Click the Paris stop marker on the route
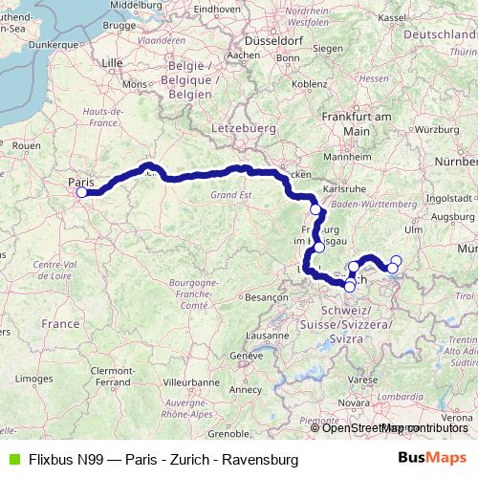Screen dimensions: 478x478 tap(81, 192)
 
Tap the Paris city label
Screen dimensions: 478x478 tap(79, 180)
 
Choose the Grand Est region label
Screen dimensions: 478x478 tap(220, 195)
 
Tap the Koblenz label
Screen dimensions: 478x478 tap(310, 83)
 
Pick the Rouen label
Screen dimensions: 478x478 tap(26, 144)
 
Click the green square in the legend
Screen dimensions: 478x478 tap(12, 459)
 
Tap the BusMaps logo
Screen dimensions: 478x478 tap(435, 459)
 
